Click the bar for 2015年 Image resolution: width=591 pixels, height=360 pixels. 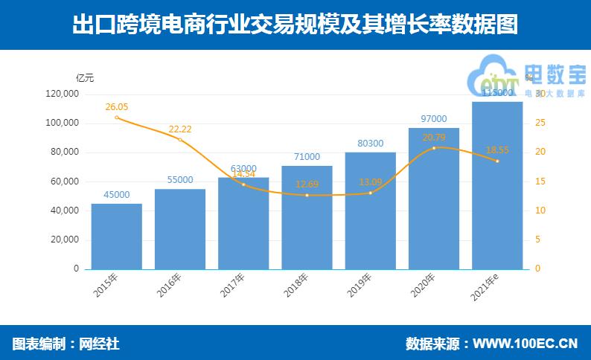click(116, 237)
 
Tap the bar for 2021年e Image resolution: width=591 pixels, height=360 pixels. click(497, 185)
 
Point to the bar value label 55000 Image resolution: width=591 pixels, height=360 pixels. click(180, 180)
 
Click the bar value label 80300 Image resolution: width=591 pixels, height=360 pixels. click(370, 143)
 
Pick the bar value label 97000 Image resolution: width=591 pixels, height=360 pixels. click(434, 119)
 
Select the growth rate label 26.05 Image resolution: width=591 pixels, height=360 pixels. click(117, 106)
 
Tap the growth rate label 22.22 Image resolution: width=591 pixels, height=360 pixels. click(180, 129)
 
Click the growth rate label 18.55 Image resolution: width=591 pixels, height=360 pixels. click(497, 150)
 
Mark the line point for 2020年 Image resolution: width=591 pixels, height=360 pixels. click(434, 148)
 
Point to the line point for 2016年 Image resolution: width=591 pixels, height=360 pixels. click(180, 140)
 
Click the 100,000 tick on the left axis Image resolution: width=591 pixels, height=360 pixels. click(63, 123)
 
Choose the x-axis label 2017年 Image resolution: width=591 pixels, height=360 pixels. click(234, 286)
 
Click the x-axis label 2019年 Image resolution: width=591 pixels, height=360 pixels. click(360, 286)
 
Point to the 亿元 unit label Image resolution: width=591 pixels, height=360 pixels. click(86, 77)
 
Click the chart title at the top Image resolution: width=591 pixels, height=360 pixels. click(295, 25)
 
